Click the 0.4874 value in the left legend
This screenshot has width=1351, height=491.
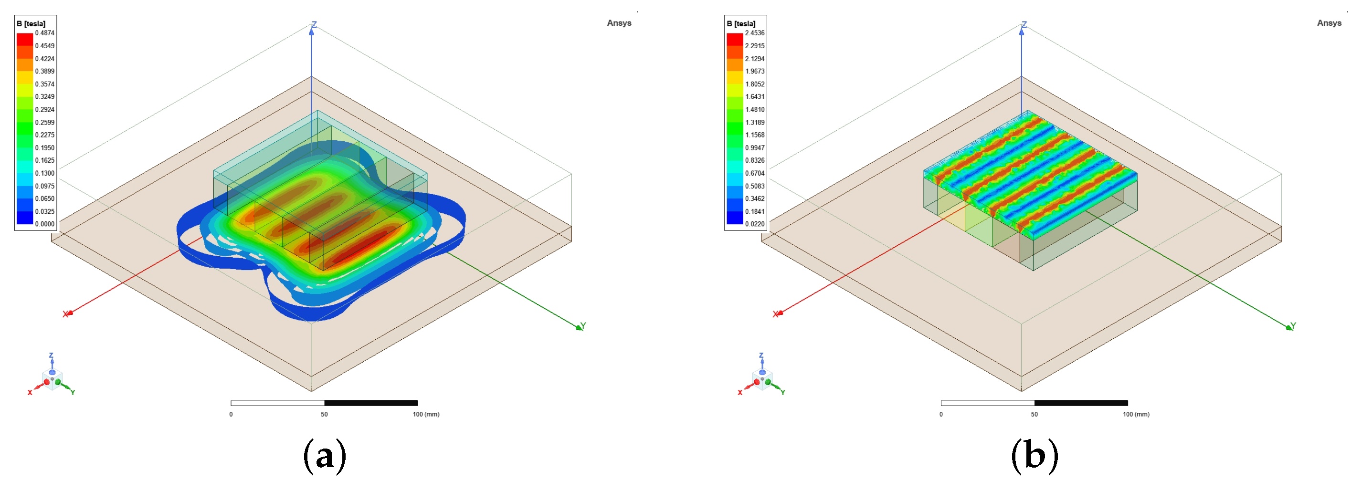tap(44, 33)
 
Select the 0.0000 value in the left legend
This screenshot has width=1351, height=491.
tap(44, 224)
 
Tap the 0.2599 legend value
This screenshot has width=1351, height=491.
tap(44, 123)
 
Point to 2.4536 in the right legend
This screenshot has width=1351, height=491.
tap(755, 33)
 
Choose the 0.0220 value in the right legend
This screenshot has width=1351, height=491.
tap(755, 224)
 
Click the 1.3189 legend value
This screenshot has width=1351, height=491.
tap(755, 123)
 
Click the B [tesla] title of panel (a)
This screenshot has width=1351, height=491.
tap(31, 23)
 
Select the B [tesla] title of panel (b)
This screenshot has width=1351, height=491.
tap(741, 23)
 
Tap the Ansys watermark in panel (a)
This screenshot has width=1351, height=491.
tap(619, 23)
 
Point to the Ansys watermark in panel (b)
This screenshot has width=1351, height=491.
tap(1329, 23)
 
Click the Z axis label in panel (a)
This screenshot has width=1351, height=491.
tap(314, 25)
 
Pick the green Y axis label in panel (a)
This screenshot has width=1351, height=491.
tap(583, 326)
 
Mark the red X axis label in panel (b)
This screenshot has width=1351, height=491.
tap(775, 314)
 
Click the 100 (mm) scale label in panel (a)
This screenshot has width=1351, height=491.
tap(426, 415)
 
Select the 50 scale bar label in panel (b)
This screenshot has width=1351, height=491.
tap(1034, 415)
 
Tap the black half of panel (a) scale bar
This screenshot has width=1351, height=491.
tap(371, 403)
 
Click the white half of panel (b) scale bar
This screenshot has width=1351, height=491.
tap(988, 403)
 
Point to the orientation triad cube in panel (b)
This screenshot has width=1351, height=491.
tap(762, 378)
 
